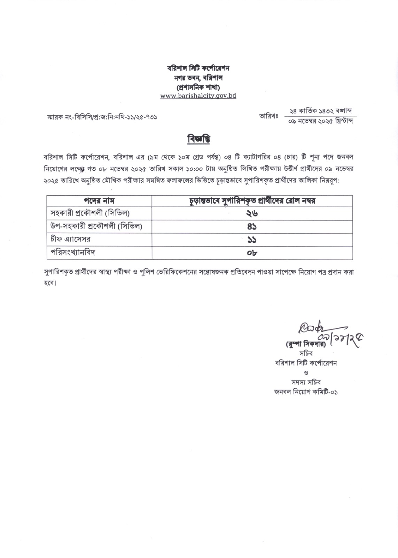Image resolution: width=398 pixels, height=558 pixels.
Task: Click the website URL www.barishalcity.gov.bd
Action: click(198, 96)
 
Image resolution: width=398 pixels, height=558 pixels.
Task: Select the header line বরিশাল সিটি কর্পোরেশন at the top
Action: click(198, 68)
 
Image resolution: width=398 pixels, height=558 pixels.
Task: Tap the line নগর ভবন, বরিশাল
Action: click(198, 77)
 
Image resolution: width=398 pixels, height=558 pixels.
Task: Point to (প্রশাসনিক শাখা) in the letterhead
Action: click(198, 86)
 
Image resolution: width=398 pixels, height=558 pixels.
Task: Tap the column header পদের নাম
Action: click(99, 201)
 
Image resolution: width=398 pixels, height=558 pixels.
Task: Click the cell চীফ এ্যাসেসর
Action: click(71, 239)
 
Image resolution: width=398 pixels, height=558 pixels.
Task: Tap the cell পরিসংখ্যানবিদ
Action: click(73, 252)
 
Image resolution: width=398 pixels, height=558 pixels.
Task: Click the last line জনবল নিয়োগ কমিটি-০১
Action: click(306, 392)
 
